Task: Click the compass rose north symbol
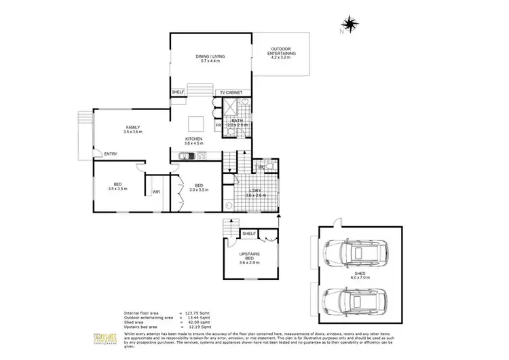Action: (350, 25)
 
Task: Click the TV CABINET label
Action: (230, 92)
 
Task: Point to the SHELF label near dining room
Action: (178, 92)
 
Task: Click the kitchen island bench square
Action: (195, 123)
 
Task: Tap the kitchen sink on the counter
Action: (185, 156)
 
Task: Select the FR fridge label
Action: (219, 126)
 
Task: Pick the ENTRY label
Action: (111, 154)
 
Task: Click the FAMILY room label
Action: (132, 127)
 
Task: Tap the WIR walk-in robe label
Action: (155, 192)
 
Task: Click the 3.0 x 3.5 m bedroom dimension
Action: (199, 190)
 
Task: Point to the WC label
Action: (261, 167)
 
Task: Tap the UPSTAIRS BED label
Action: (252, 255)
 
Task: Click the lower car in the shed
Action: (353, 300)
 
